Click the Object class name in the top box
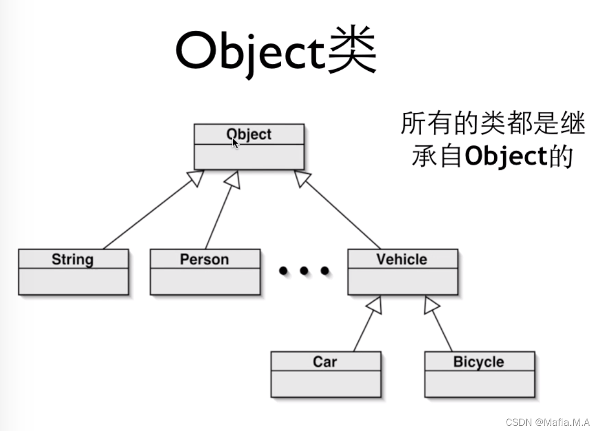pyautogui.click(x=249, y=134)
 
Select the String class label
pyautogui.click(x=72, y=260)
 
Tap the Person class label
pyautogui.click(x=205, y=260)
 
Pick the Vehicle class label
pyautogui.click(x=402, y=259)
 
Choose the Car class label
pyautogui.click(x=325, y=362)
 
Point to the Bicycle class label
pyautogui.click(x=478, y=362)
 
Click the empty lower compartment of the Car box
pyautogui.click(x=326, y=384)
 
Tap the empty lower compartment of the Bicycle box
pyautogui.click(x=479, y=384)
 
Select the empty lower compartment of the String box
pyautogui.click(x=73, y=282)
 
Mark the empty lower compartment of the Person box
pyautogui.click(x=205, y=282)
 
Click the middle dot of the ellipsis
pyautogui.click(x=304, y=271)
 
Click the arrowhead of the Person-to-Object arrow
pyautogui.click(x=232, y=180)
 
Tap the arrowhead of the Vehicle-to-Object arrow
pyautogui.click(x=302, y=178)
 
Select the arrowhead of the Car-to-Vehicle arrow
pyautogui.click(x=375, y=305)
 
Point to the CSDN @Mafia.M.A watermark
pyautogui.click(x=549, y=422)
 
